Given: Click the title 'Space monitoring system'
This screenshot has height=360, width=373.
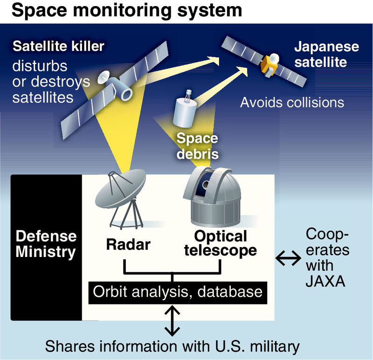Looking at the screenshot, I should pos(127,10).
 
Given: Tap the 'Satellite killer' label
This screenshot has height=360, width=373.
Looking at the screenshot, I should pos(58,47).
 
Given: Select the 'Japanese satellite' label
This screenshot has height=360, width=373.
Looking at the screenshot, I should pos(326,55).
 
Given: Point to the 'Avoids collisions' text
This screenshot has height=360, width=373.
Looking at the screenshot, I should pos(292,102).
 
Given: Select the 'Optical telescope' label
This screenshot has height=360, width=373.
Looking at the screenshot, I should pos(220,242).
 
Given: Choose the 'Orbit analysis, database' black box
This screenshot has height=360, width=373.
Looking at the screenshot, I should pos(178,292).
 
